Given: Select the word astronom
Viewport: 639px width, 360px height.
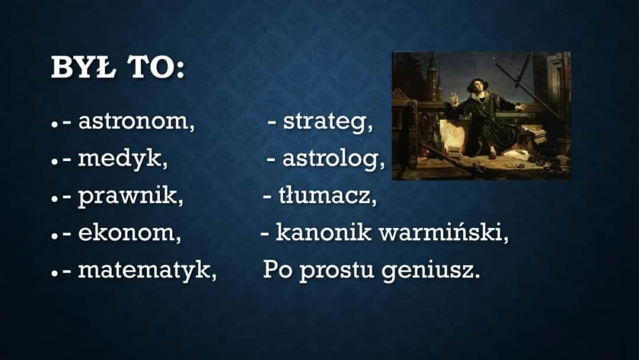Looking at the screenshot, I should pos(136,121).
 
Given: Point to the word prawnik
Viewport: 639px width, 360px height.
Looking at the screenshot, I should pos(131,196).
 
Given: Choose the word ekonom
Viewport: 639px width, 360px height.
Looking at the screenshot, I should pos(130,233).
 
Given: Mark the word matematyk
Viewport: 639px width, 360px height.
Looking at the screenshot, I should pos(147,271).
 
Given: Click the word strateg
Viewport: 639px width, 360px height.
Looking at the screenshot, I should pos(328,121).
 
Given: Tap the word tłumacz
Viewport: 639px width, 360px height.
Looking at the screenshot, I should pos(327,196).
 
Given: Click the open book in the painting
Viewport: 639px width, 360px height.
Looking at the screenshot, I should pos(535,132).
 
